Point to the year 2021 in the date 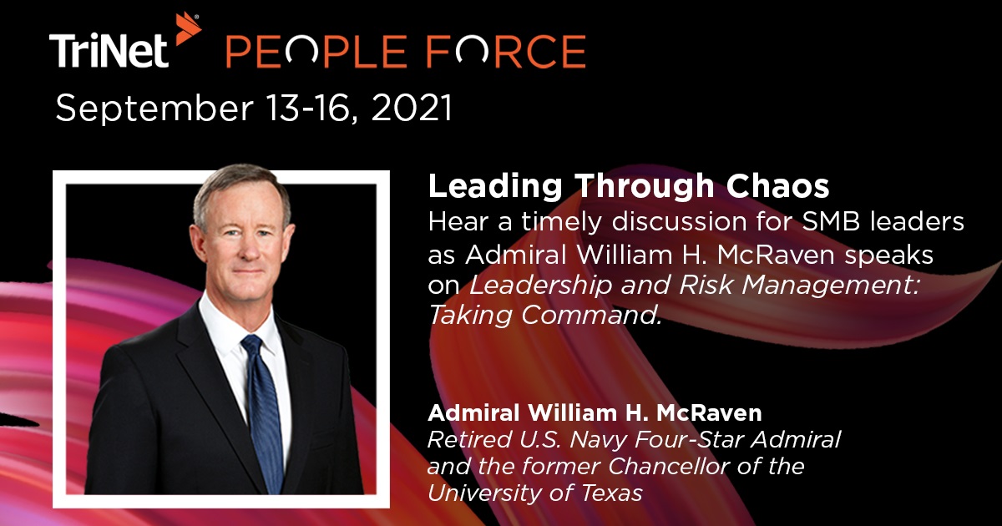pyautogui.click(x=409, y=109)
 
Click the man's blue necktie pyautogui.click(x=261, y=401)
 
